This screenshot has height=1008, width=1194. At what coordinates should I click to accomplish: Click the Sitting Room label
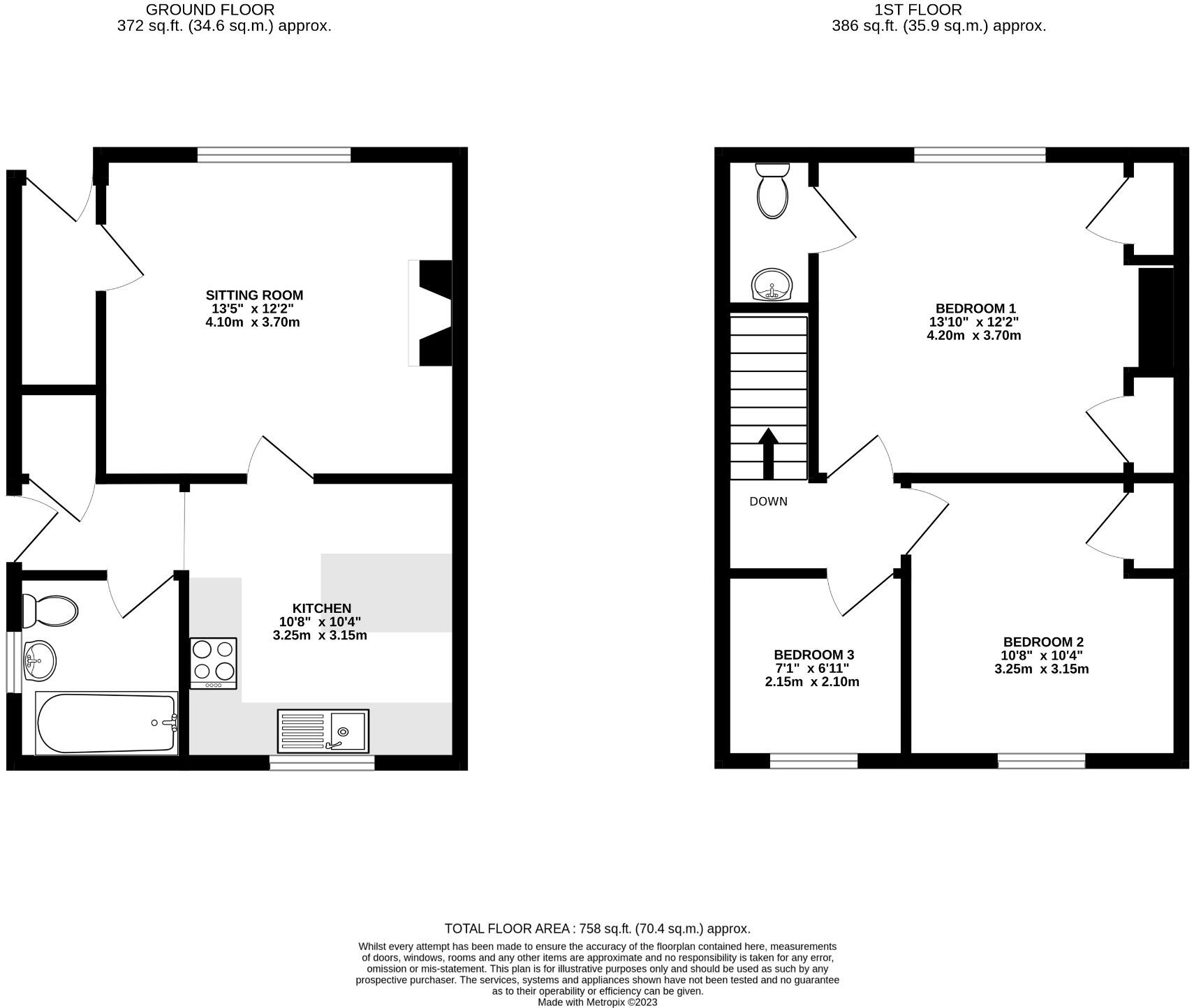point(254,295)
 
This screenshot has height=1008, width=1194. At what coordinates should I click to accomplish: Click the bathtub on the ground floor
point(106,723)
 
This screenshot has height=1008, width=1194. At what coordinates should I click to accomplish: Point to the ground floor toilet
point(50,611)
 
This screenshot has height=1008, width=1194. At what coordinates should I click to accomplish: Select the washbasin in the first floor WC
point(772,285)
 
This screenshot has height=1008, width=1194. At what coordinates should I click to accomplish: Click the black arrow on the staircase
point(768,452)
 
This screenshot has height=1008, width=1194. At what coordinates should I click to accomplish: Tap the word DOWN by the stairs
point(768,501)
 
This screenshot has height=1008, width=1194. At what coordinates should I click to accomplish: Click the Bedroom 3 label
point(813,655)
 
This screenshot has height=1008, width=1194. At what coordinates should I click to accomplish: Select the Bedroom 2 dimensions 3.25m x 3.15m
point(1041,669)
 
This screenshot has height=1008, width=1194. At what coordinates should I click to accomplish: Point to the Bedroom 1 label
point(975,309)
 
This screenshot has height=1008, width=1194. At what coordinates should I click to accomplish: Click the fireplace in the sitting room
point(432,313)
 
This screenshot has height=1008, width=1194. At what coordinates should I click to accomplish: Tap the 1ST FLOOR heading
point(917,10)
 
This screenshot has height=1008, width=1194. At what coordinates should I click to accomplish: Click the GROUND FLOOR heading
point(209,10)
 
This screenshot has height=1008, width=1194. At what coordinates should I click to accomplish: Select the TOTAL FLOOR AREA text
point(597,928)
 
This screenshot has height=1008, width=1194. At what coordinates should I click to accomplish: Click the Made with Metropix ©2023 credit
point(597,1002)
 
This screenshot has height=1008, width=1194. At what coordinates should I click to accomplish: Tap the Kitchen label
point(322,608)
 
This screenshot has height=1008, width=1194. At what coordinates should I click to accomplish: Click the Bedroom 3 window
point(813,761)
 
